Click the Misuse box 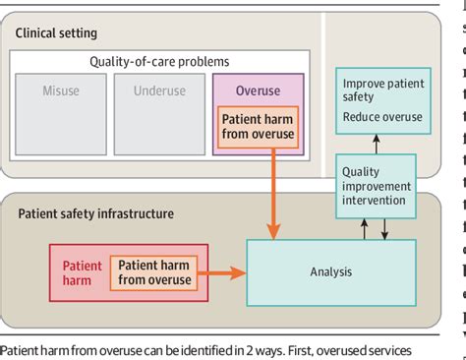(60, 117)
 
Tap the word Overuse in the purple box (258, 90)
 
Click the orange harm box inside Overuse (258, 127)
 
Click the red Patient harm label (83, 271)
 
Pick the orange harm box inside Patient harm (155, 271)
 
